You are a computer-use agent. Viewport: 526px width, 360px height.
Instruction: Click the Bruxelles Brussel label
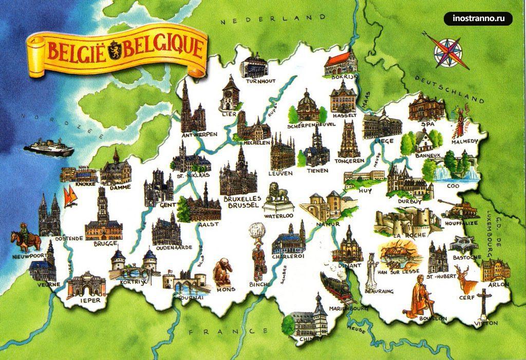(242, 201)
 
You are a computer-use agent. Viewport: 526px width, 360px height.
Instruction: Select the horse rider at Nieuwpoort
(27, 238)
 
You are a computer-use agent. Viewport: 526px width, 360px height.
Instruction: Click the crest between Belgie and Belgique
(115, 51)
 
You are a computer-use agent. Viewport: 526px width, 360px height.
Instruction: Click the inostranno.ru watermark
(481, 19)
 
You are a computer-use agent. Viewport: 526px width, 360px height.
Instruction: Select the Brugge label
(105, 243)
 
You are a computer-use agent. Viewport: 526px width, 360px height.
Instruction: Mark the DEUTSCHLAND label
(450, 90)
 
